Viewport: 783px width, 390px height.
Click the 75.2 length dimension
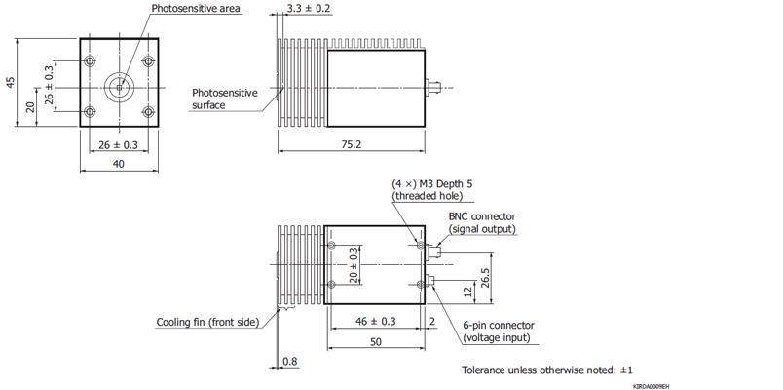coord(352,144)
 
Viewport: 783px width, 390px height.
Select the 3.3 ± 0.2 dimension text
coord(308,9)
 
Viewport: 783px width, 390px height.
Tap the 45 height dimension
coord(10,82)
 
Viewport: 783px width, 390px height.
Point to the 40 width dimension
coord(118,164)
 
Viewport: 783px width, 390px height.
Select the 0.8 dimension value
coord(289,362)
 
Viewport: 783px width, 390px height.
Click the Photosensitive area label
coord(196,9)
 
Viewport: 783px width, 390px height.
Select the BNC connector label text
coord(482,216)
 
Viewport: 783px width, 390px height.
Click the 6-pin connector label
coord(498,326)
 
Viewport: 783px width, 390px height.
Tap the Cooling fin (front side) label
coord(207,322)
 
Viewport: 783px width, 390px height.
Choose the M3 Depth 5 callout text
coord(432,183)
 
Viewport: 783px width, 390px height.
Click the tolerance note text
coord(547,370)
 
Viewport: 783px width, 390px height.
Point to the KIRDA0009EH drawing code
coord(651,386)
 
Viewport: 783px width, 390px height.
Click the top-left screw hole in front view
coord(91,61)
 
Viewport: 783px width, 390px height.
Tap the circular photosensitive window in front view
coord(119,86)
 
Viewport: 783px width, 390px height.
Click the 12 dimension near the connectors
coord(466,291)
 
